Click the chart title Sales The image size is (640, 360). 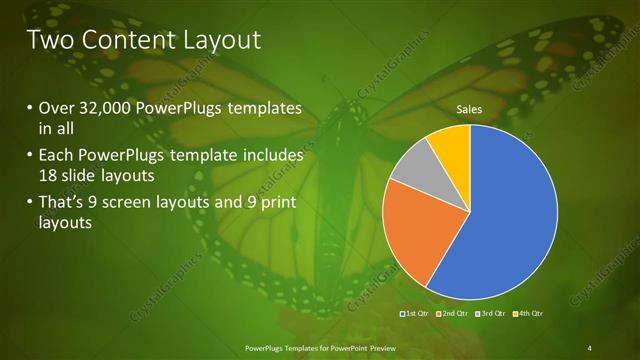point(471,108)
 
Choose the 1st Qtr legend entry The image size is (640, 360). point(415,314)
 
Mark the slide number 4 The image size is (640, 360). point(590,347)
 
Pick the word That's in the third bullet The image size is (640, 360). point(62,205)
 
